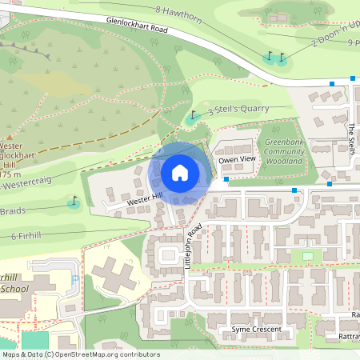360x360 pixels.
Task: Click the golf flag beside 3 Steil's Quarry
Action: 193,116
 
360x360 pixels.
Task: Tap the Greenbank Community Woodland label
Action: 284,152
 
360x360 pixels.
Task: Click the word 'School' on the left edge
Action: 14,288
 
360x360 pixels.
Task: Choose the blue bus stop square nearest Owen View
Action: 226,180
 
